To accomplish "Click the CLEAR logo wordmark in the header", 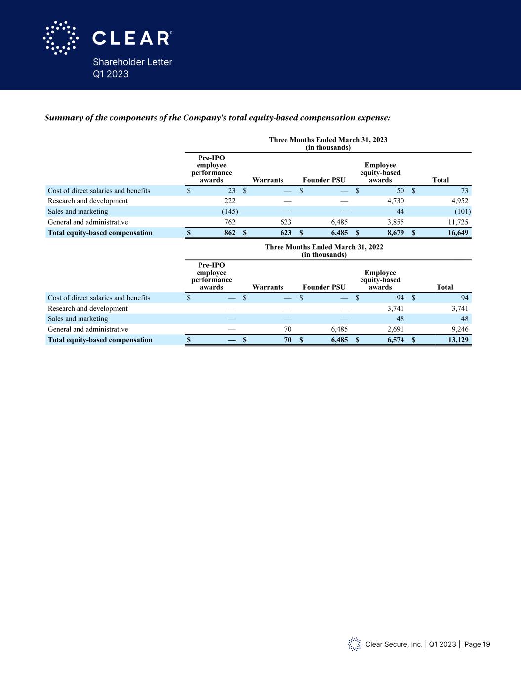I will [132, 38].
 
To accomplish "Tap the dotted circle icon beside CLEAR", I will [60, 38].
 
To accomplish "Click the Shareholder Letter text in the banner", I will [132, 62].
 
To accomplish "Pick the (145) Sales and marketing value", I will [230, 211].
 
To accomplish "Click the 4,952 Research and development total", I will [457, 201].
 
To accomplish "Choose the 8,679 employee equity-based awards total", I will [394, 233].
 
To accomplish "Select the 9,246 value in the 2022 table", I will [457, 329].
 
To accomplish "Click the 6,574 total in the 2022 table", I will [394, 340].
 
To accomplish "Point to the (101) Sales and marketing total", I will [462, 211].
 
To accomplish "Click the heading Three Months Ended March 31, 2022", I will [324, 247].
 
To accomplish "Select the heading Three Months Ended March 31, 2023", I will [328, 140].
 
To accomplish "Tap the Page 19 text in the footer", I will [477, 644].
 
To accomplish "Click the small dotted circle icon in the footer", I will [354, 644].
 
